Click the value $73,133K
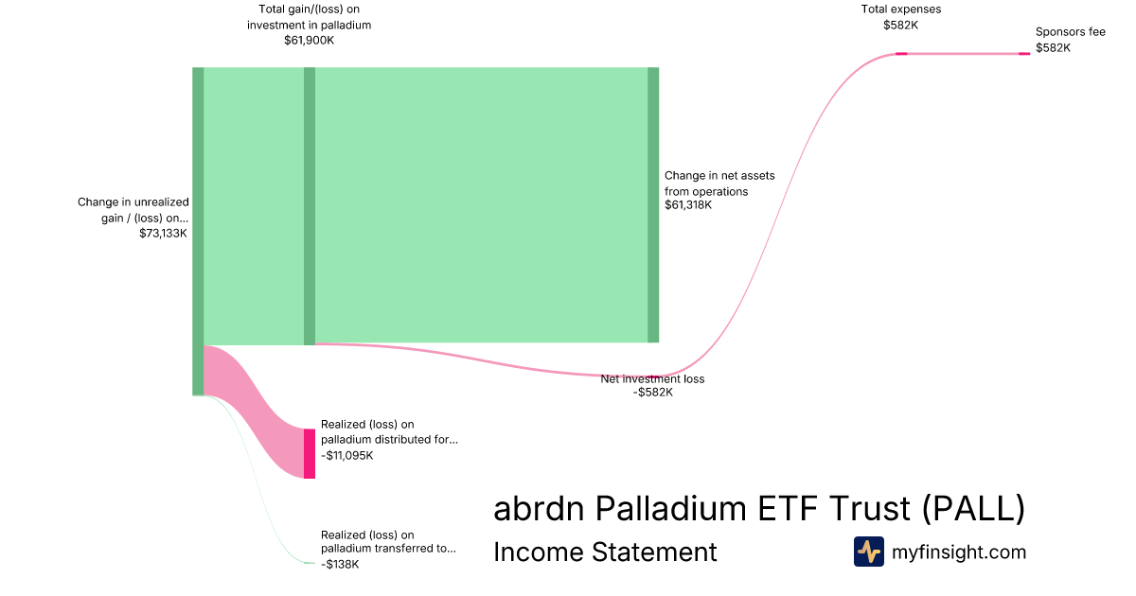click(163, 233)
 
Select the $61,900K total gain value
click(309, 40)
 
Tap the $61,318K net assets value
click(688, 204)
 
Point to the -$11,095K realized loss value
click(346, 455)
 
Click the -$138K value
click(340, 564)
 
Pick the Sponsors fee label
click(1070, 32)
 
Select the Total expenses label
click(900, 9)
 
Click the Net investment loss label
click(652, 378)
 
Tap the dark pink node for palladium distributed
click(310, 453)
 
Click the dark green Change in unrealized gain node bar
click(198, 231)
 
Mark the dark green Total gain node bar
click(310, 206)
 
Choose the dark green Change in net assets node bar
click(653, 204)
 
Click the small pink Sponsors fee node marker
click(1024, 53)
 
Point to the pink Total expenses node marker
click(901, 53)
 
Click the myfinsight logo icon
click(869, 552)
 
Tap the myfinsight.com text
click(959, 552)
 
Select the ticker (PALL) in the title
click(973, 508)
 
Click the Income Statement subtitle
click(605, 552)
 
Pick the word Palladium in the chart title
click(670, 508)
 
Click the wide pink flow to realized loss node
click(254, 412)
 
